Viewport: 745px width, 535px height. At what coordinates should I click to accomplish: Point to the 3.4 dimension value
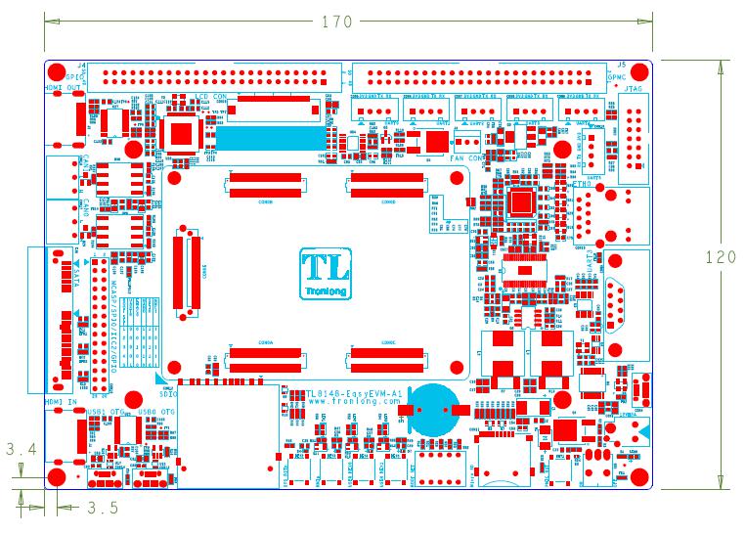click(x=22, y=451)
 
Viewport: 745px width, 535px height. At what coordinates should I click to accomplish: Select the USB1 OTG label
click(x=105, y=411)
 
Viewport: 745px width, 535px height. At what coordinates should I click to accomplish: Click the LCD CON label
click(x=212, y=96)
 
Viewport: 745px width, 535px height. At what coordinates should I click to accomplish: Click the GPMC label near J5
click(x=617, y=75)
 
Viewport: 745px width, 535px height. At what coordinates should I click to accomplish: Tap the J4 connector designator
click(x=81, y=65)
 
